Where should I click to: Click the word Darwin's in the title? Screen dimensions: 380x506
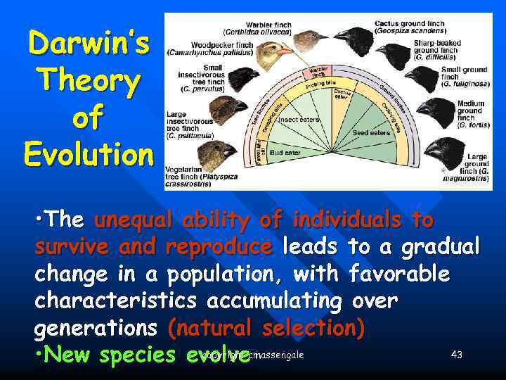(x=88, y=44)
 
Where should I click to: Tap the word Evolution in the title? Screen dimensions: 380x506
(x=88, y=153)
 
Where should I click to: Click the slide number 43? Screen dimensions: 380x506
(x=456, y=355)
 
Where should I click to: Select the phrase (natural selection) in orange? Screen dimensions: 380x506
(x=267, y=329)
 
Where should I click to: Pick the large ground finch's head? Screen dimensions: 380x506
(x=443, y=148)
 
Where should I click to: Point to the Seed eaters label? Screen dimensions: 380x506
(x=371, y=133)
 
